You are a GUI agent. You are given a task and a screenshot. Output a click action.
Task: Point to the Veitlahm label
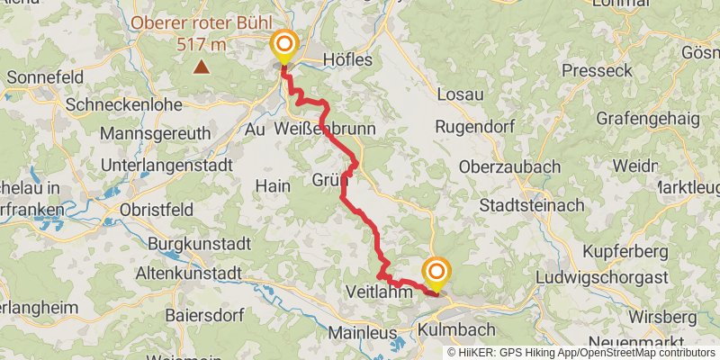[x=379, y=292]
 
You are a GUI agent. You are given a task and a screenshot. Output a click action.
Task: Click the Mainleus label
[x=363, y=332]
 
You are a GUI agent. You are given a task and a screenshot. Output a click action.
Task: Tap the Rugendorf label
[x=473, y=127]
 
